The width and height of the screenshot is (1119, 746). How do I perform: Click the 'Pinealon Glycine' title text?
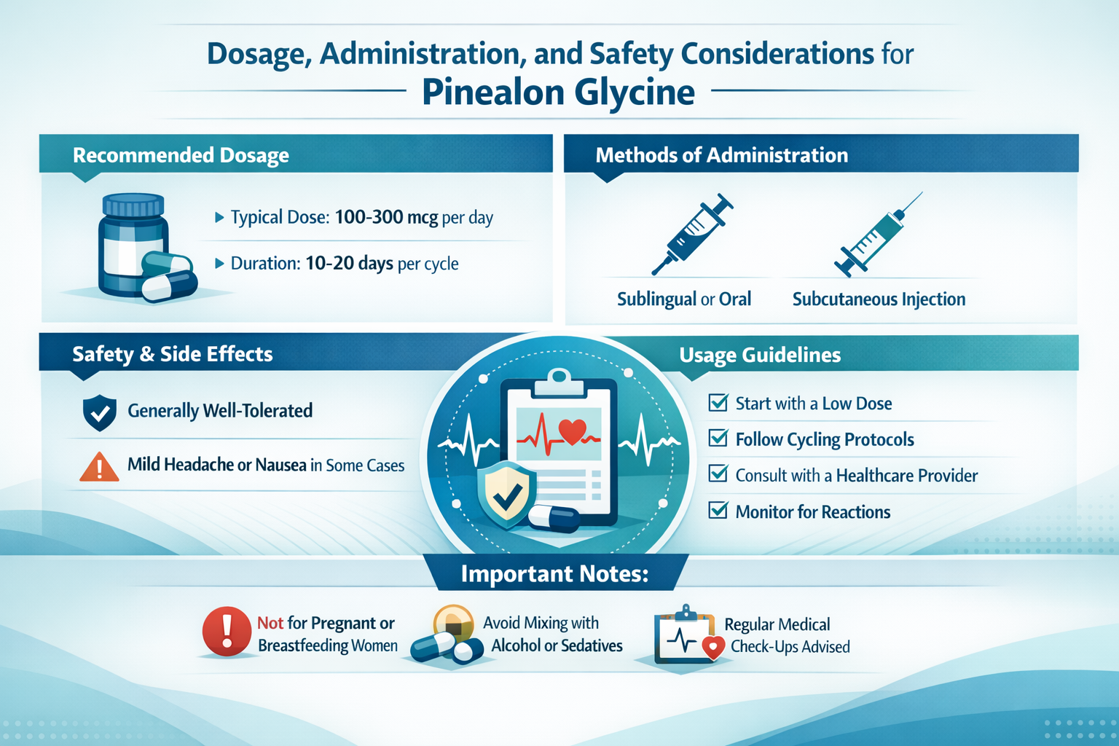559,93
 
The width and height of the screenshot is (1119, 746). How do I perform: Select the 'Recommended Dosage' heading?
181,155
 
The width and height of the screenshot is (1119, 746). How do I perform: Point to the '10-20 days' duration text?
349,263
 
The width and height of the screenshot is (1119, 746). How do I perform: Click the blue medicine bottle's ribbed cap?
133,205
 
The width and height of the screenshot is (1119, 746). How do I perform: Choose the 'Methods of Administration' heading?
722,155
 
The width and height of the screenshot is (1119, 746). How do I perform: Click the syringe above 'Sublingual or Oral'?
692,234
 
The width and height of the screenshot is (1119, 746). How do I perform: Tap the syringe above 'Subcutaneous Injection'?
878,235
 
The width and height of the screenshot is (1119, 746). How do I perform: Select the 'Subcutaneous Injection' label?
879,299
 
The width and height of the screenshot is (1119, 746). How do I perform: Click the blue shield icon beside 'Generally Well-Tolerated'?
100,412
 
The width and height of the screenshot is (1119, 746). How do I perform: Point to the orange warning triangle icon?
99,467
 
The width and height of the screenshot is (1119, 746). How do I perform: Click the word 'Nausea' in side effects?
280,465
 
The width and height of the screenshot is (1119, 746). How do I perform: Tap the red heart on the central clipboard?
572,431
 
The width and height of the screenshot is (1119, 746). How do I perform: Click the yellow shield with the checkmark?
506,494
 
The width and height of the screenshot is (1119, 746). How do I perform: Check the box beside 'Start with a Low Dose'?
718,402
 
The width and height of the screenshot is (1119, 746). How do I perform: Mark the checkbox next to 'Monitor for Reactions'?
718,510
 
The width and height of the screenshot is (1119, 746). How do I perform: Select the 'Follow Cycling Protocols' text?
825,440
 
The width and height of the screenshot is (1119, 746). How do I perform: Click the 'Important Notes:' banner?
555,573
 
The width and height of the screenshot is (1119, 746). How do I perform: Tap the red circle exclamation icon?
227,631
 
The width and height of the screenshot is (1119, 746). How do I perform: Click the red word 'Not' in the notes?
270,623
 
